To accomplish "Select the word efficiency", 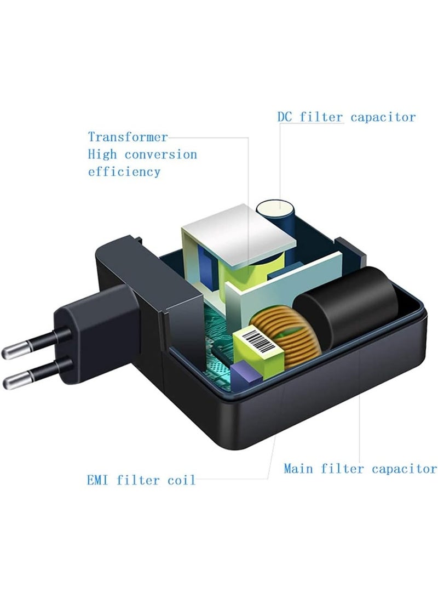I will pos(124,172).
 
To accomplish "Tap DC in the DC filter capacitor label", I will pos(285,117).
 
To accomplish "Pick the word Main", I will pos(299,469).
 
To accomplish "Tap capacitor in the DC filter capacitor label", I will pos(383,117).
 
